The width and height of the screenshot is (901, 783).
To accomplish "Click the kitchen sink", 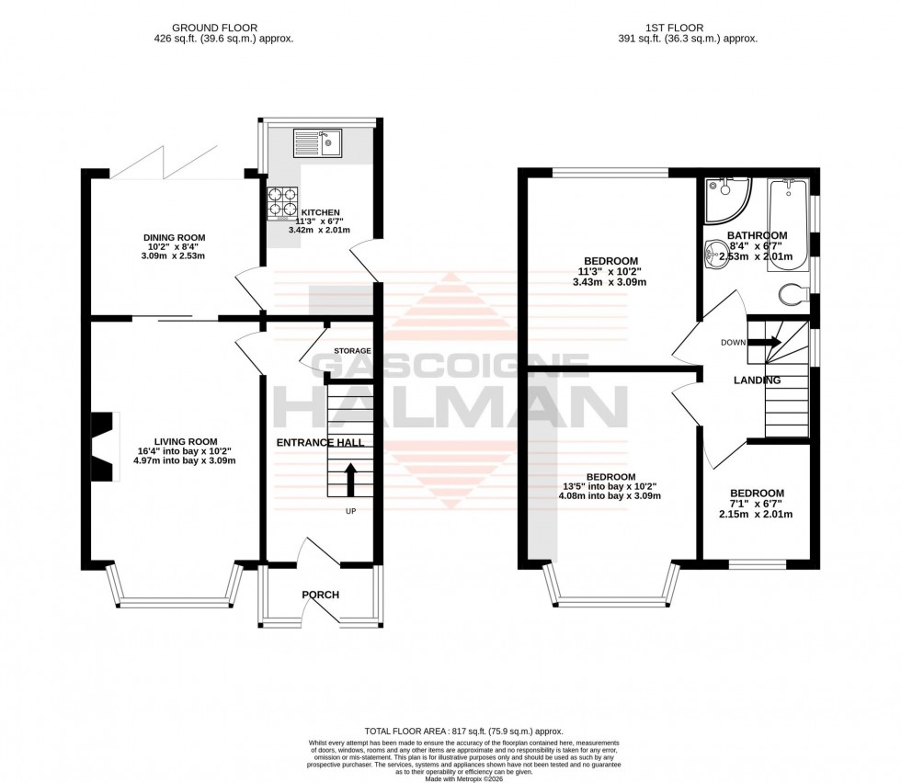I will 315,142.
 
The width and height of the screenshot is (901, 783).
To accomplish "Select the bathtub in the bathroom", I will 788,220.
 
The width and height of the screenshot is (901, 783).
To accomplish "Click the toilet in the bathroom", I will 792,294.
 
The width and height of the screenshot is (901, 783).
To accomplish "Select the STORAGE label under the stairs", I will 352,351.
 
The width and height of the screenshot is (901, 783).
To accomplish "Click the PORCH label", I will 321,595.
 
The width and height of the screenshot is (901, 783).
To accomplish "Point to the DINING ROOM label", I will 174,238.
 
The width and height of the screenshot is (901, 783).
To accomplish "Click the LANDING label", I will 757,380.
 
